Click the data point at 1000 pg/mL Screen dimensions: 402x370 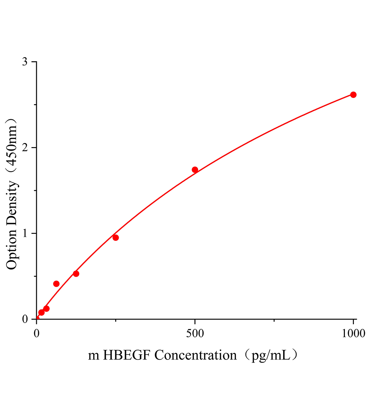[x=353, y=95]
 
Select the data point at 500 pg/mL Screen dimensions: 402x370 [x=195, y=170]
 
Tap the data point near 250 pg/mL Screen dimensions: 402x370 [x=116, y=238]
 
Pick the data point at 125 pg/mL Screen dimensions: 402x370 [x=76, y=274]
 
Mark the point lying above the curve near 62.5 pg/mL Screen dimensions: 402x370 [x=56, y=284]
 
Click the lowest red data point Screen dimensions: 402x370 [x=41, y=313]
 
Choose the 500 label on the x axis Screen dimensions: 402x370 [x=195, y=333]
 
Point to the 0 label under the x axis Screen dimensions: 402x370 [x=37, y=333]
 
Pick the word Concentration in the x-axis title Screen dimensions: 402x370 [x=195, y=355]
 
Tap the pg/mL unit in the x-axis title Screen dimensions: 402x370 [x=269, y=355]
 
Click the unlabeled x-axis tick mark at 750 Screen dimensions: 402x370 [x=274, y=321]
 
